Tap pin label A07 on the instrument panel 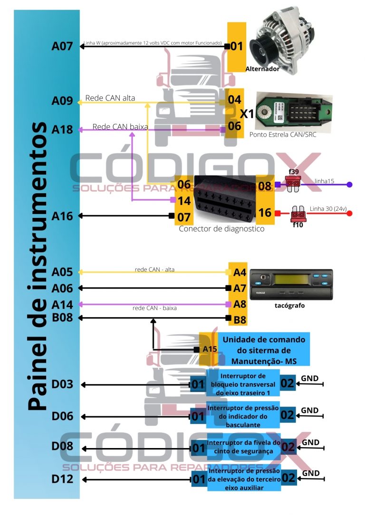(62, 46)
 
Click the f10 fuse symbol (298, 215)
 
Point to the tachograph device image (291, 284)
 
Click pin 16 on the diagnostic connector (265, 213)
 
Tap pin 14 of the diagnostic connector (184, 201)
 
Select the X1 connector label (247, 113)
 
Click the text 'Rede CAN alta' (110, 98)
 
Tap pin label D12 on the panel (62, 479)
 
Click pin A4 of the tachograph (240, 272)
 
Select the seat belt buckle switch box (243, 447)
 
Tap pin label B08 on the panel (62, 318)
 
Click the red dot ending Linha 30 (350, 214)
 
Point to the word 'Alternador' (262, 69)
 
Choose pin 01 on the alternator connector (237, 46)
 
